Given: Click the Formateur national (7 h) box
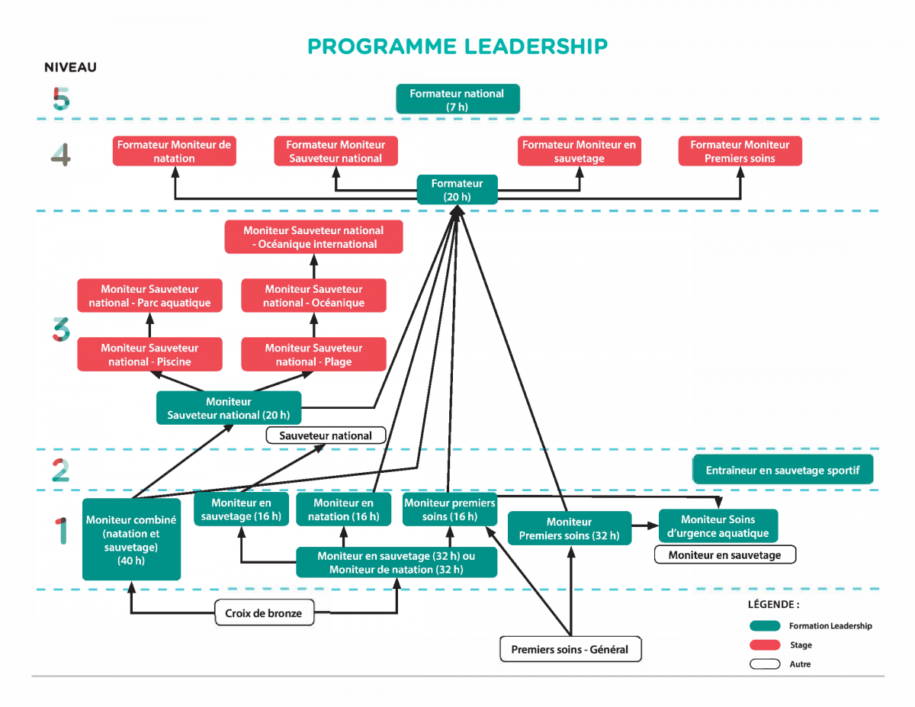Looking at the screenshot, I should (x=457, y=99).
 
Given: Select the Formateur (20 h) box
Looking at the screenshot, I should (x=457, y=189).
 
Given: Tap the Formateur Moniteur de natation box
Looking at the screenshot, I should (x=175, y=151).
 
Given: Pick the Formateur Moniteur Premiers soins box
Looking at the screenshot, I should (x=740, y=151).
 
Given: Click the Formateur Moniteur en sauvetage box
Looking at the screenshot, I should (x=579, y=151).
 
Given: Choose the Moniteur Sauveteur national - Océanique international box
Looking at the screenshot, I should (x=313, y=237).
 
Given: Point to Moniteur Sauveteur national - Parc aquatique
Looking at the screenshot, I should (x=149, y=296).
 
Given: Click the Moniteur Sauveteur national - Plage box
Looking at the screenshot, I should (x=313, y=355).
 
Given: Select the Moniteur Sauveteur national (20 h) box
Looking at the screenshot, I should (x=229, y=408).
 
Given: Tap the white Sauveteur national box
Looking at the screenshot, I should (x=326, y=436).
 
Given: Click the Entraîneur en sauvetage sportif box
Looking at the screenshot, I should (x=782, y=470).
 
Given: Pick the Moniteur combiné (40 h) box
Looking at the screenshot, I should (x=131, y=539).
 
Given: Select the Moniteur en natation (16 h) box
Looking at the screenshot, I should (x=343, y=509).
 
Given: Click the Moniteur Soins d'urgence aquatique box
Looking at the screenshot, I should (x=718, y=526).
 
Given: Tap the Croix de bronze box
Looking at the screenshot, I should (x=264, y=613).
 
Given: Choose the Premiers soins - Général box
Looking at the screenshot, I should (x=570, y=649).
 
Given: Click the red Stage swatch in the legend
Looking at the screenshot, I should (x=764, y=645).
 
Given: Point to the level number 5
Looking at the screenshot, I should (x=61, y=99).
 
